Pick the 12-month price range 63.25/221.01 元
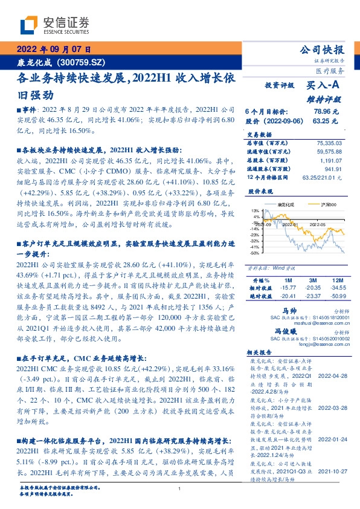click(x=323, y=179)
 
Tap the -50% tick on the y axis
click(x=256, y=253)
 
